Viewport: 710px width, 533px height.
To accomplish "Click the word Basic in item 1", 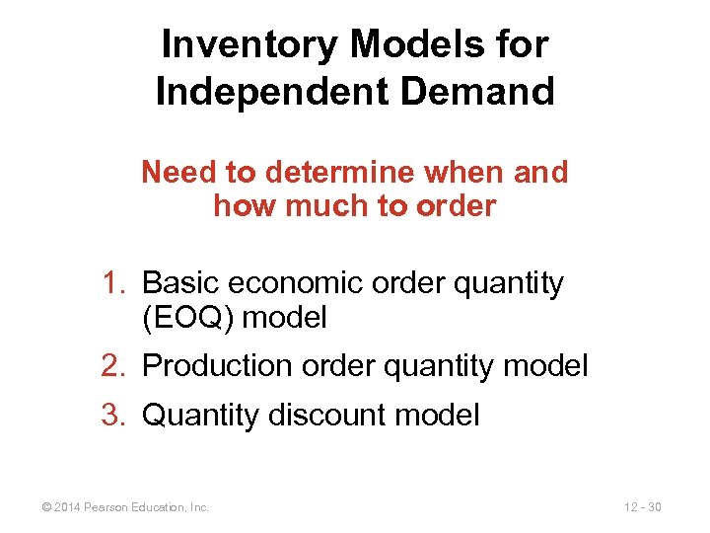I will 181,284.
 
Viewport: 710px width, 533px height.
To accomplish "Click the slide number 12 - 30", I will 642,507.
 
